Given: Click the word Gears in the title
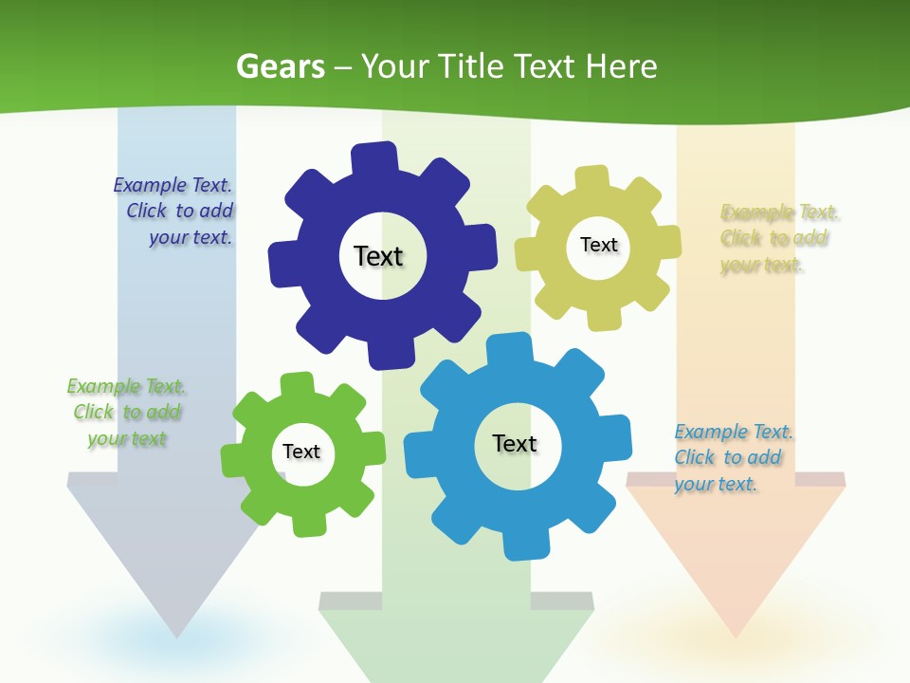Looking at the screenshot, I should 280,66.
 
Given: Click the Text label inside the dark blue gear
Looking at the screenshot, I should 378,256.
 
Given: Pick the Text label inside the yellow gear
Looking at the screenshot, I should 598,245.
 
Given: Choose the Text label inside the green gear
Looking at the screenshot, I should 301,452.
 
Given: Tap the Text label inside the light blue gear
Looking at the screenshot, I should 515,443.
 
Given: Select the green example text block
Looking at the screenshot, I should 126,413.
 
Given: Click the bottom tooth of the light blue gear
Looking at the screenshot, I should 520,545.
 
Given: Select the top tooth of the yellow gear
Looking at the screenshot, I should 591,178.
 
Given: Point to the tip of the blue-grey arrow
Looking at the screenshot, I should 176,633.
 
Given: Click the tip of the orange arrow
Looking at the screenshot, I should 736,633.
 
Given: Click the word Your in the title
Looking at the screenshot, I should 397,66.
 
